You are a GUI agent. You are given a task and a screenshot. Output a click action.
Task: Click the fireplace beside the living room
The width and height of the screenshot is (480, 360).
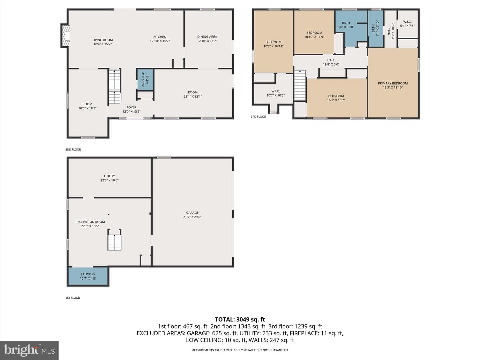[65, 36]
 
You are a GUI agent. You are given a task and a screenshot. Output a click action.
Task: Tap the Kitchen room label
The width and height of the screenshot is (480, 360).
[160, 39]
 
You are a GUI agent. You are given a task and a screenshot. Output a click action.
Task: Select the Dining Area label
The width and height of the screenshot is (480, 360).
[207, 39]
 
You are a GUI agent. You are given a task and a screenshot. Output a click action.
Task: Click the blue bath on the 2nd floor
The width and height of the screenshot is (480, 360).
[145, 79]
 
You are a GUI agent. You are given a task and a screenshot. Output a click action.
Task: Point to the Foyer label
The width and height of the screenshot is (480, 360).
[131, 109]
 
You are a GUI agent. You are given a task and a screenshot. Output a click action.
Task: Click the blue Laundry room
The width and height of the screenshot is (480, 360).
[88, 276]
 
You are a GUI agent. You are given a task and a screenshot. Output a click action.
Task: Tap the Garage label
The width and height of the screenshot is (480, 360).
[192, 215]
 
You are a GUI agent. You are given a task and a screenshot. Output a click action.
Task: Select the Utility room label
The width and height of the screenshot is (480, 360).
[109, 178]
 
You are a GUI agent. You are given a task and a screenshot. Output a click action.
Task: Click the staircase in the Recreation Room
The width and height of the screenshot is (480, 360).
[114, 240]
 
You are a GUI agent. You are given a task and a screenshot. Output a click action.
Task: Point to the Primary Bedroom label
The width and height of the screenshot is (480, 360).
[393, 85]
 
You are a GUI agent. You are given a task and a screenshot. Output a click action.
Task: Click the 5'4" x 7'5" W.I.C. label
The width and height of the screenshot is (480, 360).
[407, 24]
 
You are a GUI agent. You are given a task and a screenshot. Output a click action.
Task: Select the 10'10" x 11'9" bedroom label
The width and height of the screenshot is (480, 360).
[314, 35]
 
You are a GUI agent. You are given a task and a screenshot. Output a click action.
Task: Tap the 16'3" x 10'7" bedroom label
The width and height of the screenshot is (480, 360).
[336, 98]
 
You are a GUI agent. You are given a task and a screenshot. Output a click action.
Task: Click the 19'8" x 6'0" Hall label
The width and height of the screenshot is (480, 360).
[331, 62]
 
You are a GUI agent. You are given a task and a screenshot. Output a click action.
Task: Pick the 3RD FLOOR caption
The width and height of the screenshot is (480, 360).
[258, 117]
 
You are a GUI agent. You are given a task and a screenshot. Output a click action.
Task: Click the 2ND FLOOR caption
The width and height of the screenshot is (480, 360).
[73, 150]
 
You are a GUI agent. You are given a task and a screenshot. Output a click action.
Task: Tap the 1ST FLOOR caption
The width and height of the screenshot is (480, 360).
[73, 298]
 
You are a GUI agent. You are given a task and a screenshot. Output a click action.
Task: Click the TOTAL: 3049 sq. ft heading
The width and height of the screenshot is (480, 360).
[240, 319]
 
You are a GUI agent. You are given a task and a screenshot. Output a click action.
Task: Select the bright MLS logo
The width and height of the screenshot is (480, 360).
[29, 350]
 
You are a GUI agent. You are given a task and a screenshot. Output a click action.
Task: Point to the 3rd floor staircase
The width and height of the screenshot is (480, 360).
[300, 85]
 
